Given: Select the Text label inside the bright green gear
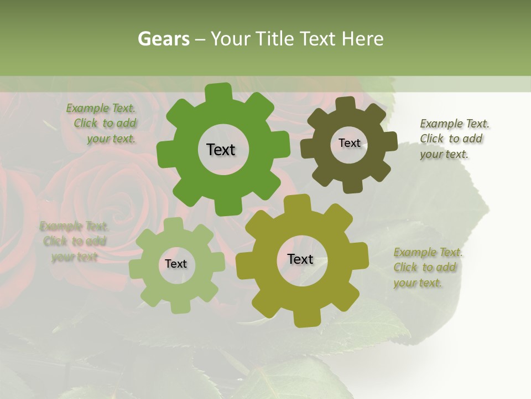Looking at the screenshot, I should click(221, 150).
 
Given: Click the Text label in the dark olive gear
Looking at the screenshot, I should click(349, 143).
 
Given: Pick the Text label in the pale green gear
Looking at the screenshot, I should click(176, 264).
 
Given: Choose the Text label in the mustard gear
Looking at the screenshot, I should click(300, 259).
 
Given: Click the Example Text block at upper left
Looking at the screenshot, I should click(103, 124).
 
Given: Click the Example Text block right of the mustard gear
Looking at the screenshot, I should click(428, 267).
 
